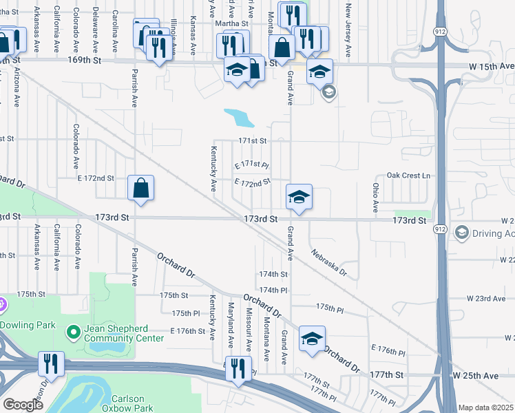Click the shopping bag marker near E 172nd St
(140, 188)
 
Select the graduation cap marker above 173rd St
(299, 197)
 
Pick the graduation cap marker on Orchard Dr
(312, 338)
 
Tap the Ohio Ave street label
(376, 197)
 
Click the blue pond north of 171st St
(239, 118)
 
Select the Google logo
(23, 404)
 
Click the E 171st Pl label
(251, 165)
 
